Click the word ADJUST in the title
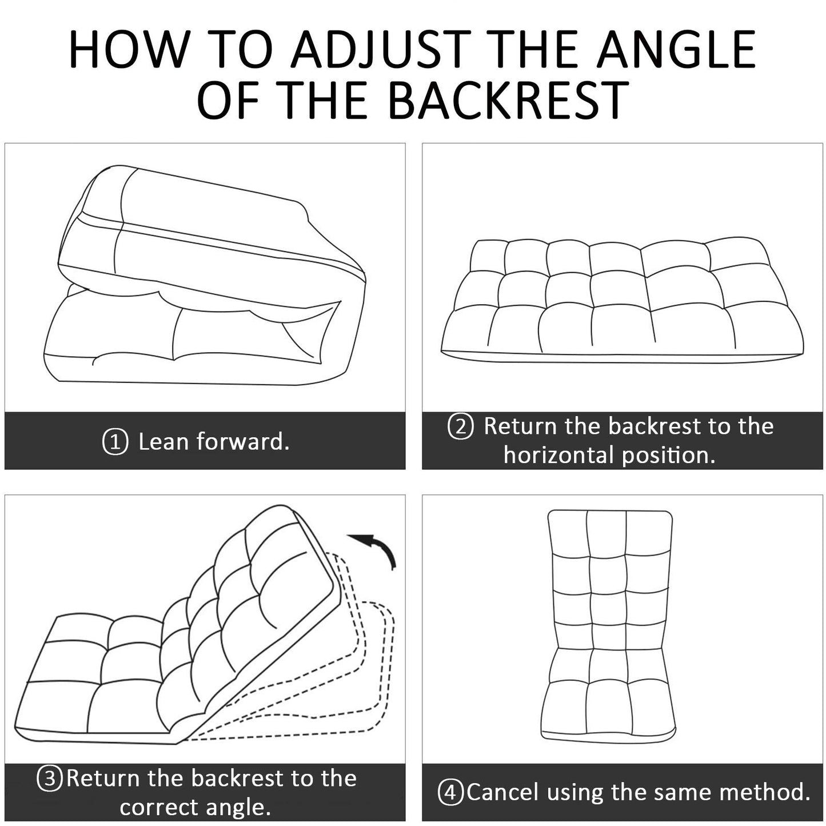(380, 49)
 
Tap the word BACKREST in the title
(508, 99)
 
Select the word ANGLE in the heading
(676, 49)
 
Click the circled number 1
(115, 442)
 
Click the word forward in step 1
(243, 441)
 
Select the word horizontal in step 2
(560, 455)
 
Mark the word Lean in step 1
(163, 442)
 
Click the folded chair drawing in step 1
(205, 275)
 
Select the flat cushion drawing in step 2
(622, 300)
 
